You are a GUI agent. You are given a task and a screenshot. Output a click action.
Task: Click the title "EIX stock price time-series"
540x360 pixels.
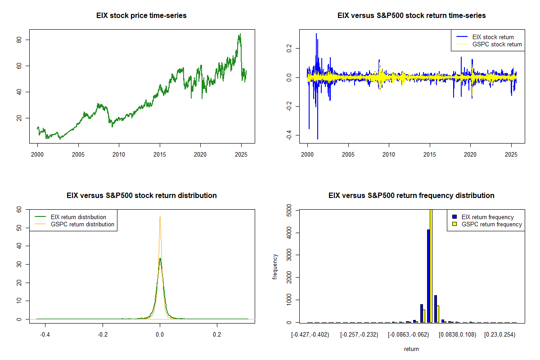point(141,16)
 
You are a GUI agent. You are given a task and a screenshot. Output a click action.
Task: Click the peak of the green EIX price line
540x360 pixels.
point(240,34)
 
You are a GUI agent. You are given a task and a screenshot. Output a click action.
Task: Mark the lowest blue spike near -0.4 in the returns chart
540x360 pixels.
point(318,139)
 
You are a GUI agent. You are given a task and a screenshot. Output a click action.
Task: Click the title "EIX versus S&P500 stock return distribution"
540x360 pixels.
point(141,196)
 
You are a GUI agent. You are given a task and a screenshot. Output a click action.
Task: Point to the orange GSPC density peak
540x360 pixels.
point(160,217)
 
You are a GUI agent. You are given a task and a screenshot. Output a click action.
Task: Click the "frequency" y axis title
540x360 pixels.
point(275,266)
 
